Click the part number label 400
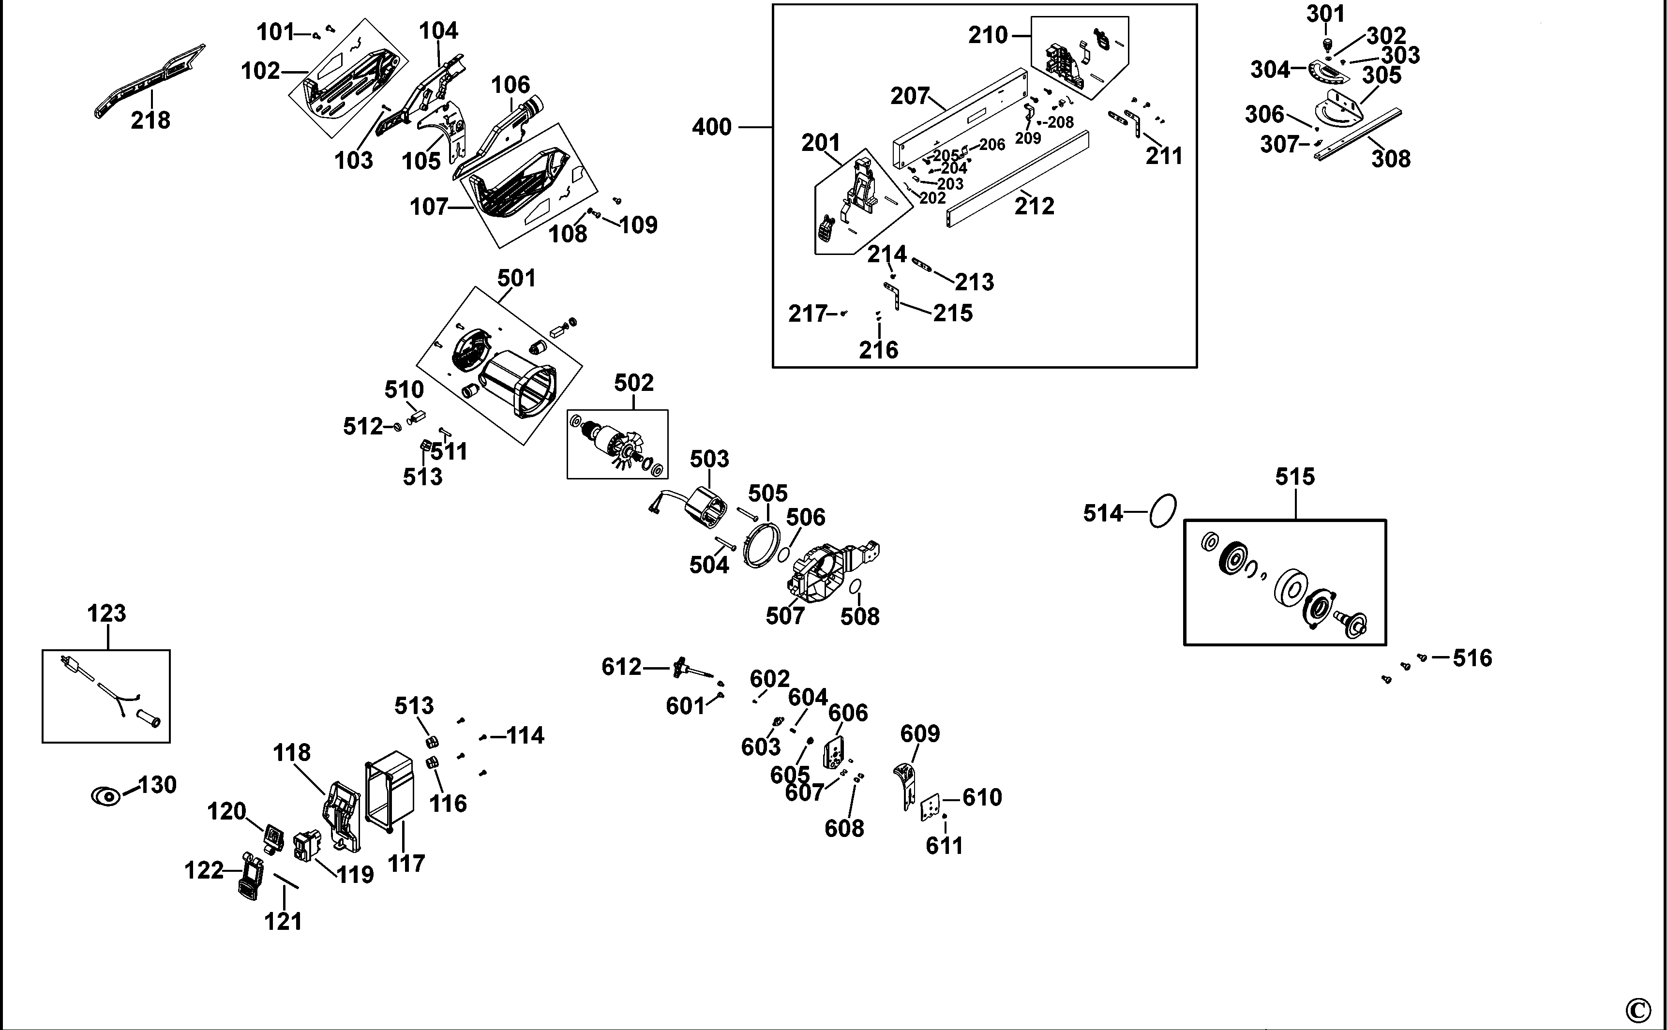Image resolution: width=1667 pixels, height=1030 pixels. click(x=711, y=127)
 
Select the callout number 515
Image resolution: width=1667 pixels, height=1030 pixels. click(x=1294, y=477)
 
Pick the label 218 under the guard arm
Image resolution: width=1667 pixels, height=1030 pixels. click(x=150, y=120)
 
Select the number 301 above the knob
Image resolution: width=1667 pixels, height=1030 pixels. click(x=1325, y=14)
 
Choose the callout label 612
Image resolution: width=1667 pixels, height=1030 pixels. click(x=621, y=666)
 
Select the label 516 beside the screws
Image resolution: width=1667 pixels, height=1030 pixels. click(x=1472, y=658)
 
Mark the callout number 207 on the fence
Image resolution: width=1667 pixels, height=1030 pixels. click(x=909, y=96)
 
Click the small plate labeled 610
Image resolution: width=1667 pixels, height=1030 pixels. click(x=931, y=808)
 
